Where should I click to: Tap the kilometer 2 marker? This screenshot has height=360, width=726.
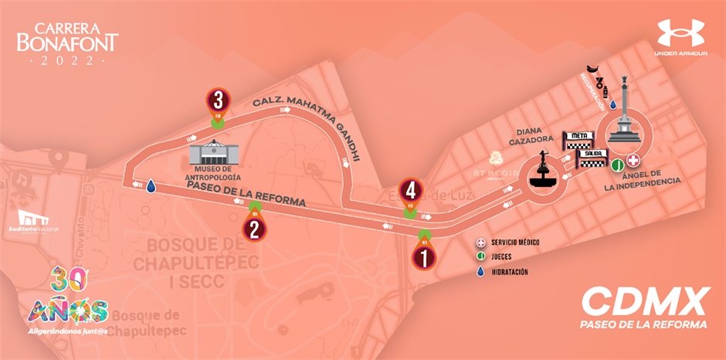pos(253,227)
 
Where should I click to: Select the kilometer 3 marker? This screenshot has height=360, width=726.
pos(219,101)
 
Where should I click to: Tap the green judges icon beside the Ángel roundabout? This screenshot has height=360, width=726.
pos(618,164)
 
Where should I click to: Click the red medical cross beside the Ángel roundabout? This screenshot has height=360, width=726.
pos(634,161)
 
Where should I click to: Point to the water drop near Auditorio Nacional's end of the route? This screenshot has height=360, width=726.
pos(151,186)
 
